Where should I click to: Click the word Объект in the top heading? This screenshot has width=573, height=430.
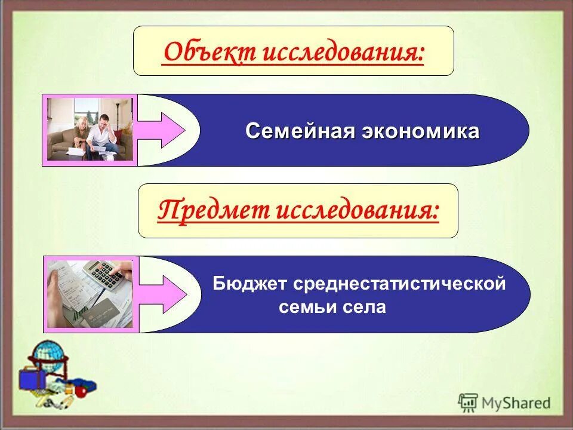[x=210, y=53]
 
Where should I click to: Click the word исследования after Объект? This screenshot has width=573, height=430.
[x=343, y=53]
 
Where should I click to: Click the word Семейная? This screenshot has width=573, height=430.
[x=300, y=131]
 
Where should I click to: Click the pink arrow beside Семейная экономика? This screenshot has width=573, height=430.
[x=161, y=130]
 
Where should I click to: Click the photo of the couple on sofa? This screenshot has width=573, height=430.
[x=90, y=130]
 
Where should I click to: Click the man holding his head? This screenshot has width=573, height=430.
[x=107, y=131]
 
